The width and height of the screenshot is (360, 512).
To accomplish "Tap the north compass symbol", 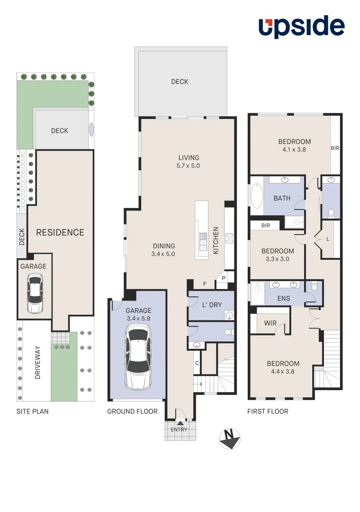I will [x=230, y=439].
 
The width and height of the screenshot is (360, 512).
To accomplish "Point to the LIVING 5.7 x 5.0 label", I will [x=189, y=162].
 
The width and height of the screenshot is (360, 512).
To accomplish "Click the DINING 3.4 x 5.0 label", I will [x=164, y=250].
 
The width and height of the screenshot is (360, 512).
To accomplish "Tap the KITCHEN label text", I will [x=216, y=240].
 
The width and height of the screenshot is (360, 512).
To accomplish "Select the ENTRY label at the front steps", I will [x=180, y=430].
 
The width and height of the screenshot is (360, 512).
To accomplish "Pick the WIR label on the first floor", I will [x=270, y=323].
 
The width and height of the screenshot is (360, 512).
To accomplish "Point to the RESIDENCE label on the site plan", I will [x=60, y=232].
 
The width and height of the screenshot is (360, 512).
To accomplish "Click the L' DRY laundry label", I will [x=212, y=305].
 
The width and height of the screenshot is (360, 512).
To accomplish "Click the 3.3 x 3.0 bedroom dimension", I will [x=278, y=259].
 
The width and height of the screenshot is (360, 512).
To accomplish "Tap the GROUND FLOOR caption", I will [x=132, y=411].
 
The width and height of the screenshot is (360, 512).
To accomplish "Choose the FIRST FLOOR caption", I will [x=268, y=411].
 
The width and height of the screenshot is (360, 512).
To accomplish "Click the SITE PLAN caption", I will [x=32, y=411].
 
